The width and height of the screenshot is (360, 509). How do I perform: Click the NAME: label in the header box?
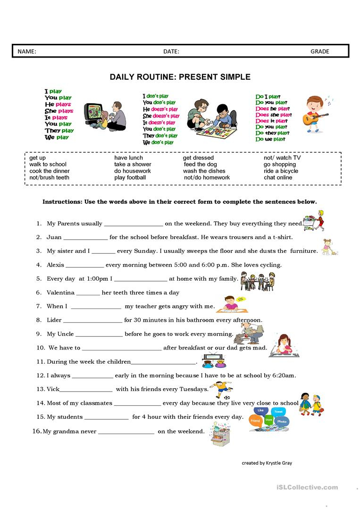27,51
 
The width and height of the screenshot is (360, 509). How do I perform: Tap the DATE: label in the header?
171,51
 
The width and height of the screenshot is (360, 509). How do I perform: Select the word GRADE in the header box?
319,51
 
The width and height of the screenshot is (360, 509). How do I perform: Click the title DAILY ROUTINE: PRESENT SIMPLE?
180,77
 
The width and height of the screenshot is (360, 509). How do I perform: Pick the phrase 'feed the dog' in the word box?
200,164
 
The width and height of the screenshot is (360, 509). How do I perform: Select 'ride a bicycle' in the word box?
281,171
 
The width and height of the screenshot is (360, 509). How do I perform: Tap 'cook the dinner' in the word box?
49,171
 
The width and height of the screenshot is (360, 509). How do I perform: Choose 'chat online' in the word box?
278,177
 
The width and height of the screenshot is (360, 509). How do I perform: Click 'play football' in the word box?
130,177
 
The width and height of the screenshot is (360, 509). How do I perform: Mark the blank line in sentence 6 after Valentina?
88,293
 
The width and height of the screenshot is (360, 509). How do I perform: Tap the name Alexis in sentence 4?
56,265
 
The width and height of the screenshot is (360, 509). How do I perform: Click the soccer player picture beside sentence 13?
220,390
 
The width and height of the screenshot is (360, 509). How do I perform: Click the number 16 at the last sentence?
38,431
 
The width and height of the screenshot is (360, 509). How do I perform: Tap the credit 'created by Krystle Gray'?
267,463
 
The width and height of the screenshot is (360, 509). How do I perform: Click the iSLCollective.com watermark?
312,487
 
